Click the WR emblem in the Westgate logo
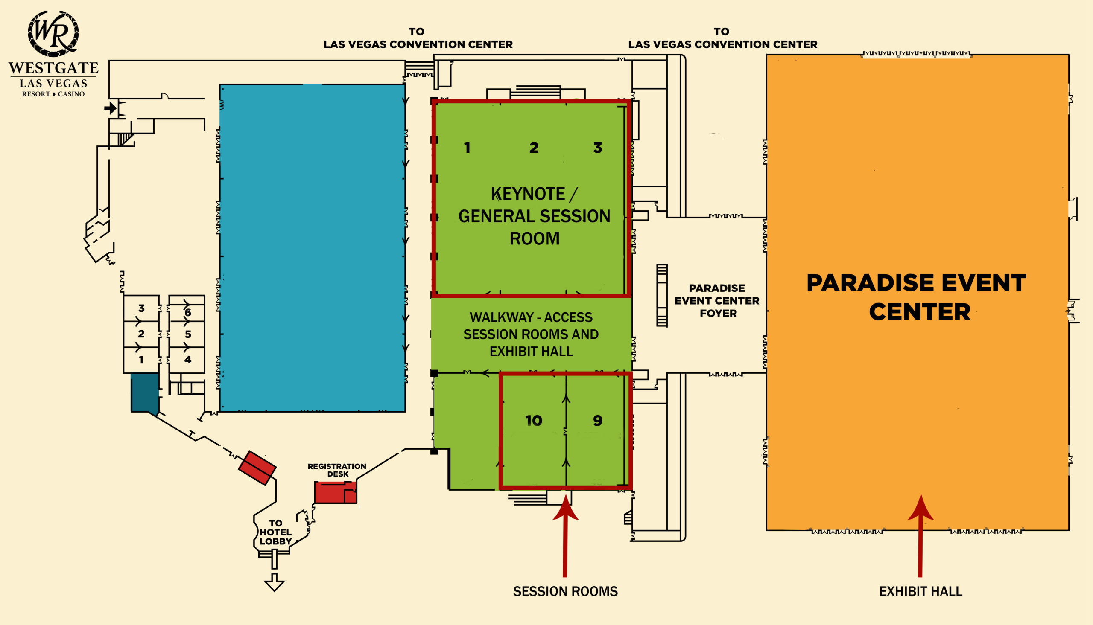click(x=53, y=33)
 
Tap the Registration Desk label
click(x=337, y=470)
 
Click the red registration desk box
click(x=336, y=492)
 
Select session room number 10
click(x=533, y=421)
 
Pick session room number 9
click(x=597, y=421)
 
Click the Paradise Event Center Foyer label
click(x=717, y=300)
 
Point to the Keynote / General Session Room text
click(x=534, y=216)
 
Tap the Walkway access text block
click(x=531, y=334)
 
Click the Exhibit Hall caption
click(x=921, y=592)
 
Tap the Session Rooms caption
click(x=565, y=592)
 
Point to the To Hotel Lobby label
click(x=275, y=532)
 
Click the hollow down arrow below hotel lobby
click(x=274, y=582)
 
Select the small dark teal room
click(x=145, y=392)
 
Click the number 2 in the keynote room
click(x=534, y=148)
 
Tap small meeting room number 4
click(x=188, y=360)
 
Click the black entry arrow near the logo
click(x=111, y=108)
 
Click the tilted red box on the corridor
click(x=257, y=468)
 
